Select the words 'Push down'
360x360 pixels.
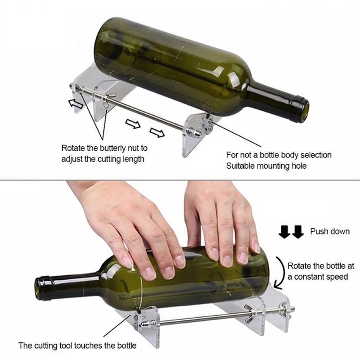click(329, 231)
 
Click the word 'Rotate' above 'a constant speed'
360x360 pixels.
click(300, 265)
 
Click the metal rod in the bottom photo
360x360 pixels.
click(202, 319)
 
